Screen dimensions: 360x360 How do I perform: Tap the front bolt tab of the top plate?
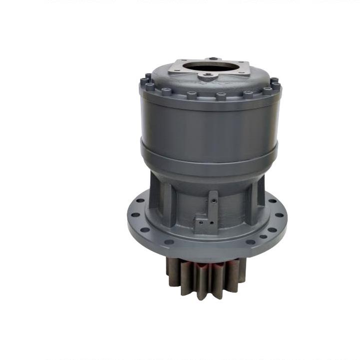(206, 77)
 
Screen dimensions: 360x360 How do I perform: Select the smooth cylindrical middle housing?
(210, 122)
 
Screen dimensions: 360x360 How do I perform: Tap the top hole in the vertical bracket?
(214, 201)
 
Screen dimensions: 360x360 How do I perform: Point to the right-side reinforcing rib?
(260, 190)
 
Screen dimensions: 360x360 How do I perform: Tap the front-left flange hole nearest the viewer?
(170, 242)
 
